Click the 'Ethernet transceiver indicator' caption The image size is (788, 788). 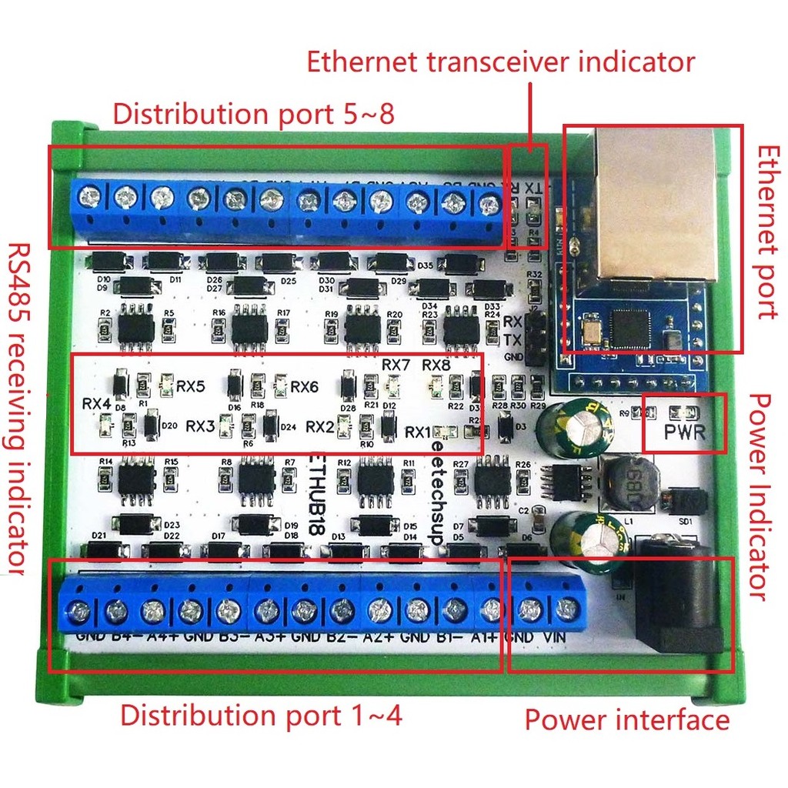(x=501, y=61)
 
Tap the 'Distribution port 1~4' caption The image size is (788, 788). (x=261, y=716)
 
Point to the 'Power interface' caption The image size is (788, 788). (x=626, y=720)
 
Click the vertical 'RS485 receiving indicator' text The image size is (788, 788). (x=18, y=408)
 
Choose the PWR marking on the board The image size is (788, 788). (x=684, y=432)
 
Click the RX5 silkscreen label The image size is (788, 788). (x=190, y=386)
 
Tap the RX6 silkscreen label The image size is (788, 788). (x=304, y=386)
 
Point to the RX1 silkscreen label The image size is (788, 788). (x=419, y=431)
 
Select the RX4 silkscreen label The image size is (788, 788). (x=97, y=403)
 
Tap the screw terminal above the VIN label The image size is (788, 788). (x=567, y=611)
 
